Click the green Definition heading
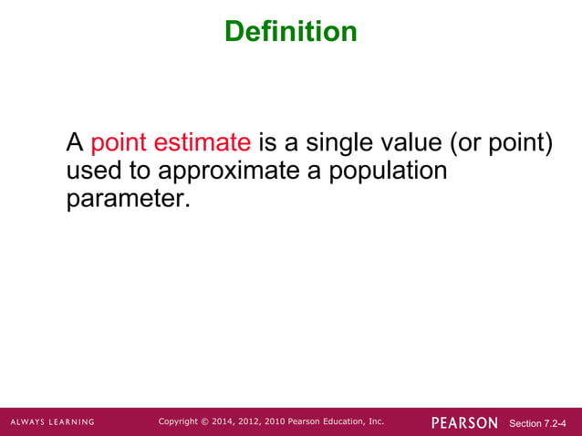tap(290, 32)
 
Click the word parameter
tap(128, 199)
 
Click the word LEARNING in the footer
tap(72, 422)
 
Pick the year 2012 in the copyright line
tap(255, 421)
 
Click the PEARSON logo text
tap(464, 422)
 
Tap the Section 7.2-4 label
tap(537, 423)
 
